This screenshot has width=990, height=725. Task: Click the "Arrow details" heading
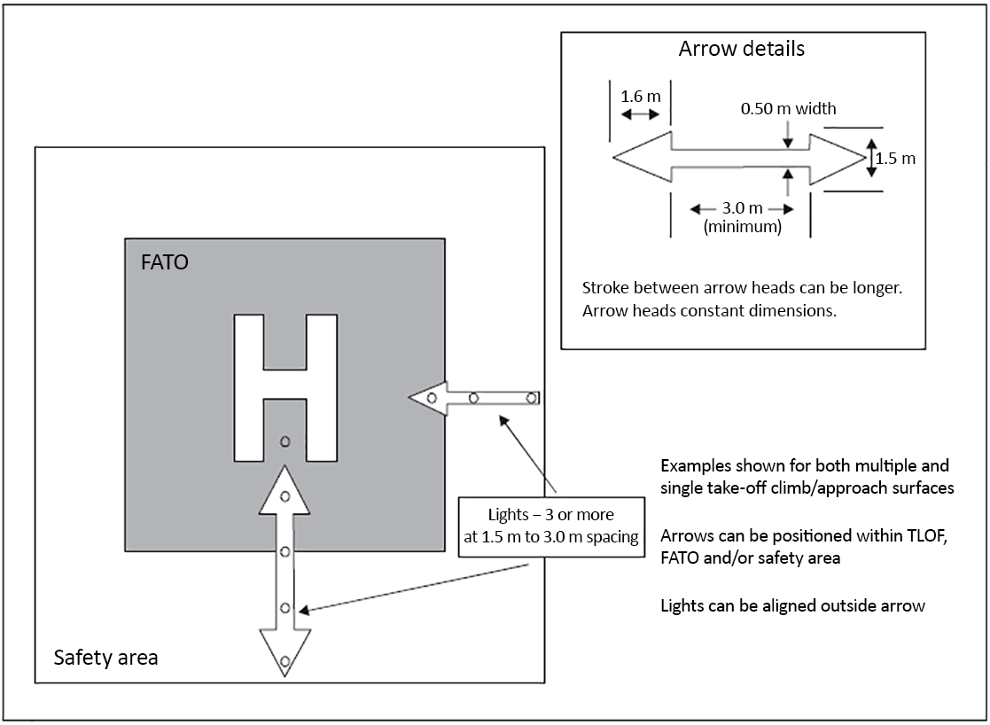(x=741, y=49)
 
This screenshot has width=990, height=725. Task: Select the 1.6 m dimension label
(x=640, y=95)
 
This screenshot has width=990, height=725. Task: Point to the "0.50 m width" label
(x=788, y=109)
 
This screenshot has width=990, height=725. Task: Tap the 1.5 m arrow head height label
(x=894, y=160)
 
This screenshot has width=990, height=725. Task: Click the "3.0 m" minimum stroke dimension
(x=741, y=208)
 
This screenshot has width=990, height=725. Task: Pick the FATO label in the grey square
(x=165, y=263)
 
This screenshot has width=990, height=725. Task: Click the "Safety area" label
(x=105, y=658)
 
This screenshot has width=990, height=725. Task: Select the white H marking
(x=285, y=387)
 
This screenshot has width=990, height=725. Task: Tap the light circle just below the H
(x=285, y=441)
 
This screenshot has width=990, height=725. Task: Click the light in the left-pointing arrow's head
(x=432, y=398)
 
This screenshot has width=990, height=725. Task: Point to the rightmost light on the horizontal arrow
(x=532, y=397)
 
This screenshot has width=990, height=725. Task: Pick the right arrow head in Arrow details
(x=835, y=158)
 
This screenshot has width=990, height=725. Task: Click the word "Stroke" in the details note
(x=604, y=288)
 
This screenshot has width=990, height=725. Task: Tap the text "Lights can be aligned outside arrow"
(x=792, y=606)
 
